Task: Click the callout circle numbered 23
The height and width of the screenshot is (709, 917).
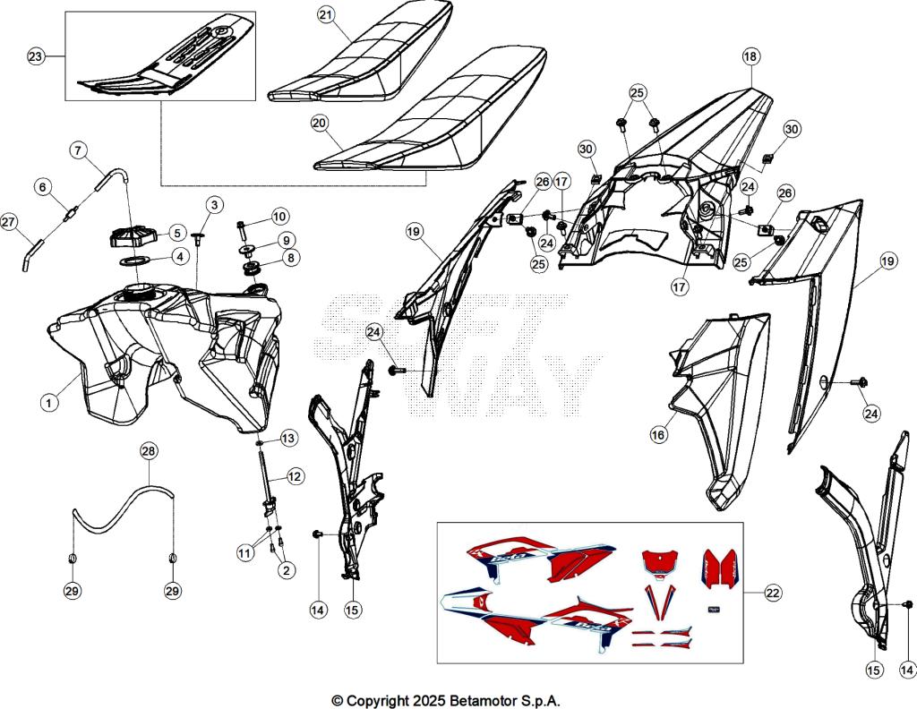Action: tap(35, 56)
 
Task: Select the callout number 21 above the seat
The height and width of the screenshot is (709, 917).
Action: tap(326, 15)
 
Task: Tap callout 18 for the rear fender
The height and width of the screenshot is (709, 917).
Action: tap(750, 56)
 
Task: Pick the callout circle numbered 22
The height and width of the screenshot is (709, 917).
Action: tap(771, 593)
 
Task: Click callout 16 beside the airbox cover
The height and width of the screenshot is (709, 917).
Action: tap(659, 434)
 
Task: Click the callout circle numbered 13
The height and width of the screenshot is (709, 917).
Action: tap(287, 439)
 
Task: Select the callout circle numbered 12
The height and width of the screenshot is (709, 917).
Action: tap(295, 477)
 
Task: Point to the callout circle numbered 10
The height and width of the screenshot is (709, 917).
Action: tap(280, 216)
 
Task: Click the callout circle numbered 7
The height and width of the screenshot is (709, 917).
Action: tap(77, 150)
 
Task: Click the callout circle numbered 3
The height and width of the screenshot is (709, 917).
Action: tap(212, 205)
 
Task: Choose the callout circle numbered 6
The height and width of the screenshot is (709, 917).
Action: tap(42, 186)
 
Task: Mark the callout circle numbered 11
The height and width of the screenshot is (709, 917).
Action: tap(243, 554)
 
